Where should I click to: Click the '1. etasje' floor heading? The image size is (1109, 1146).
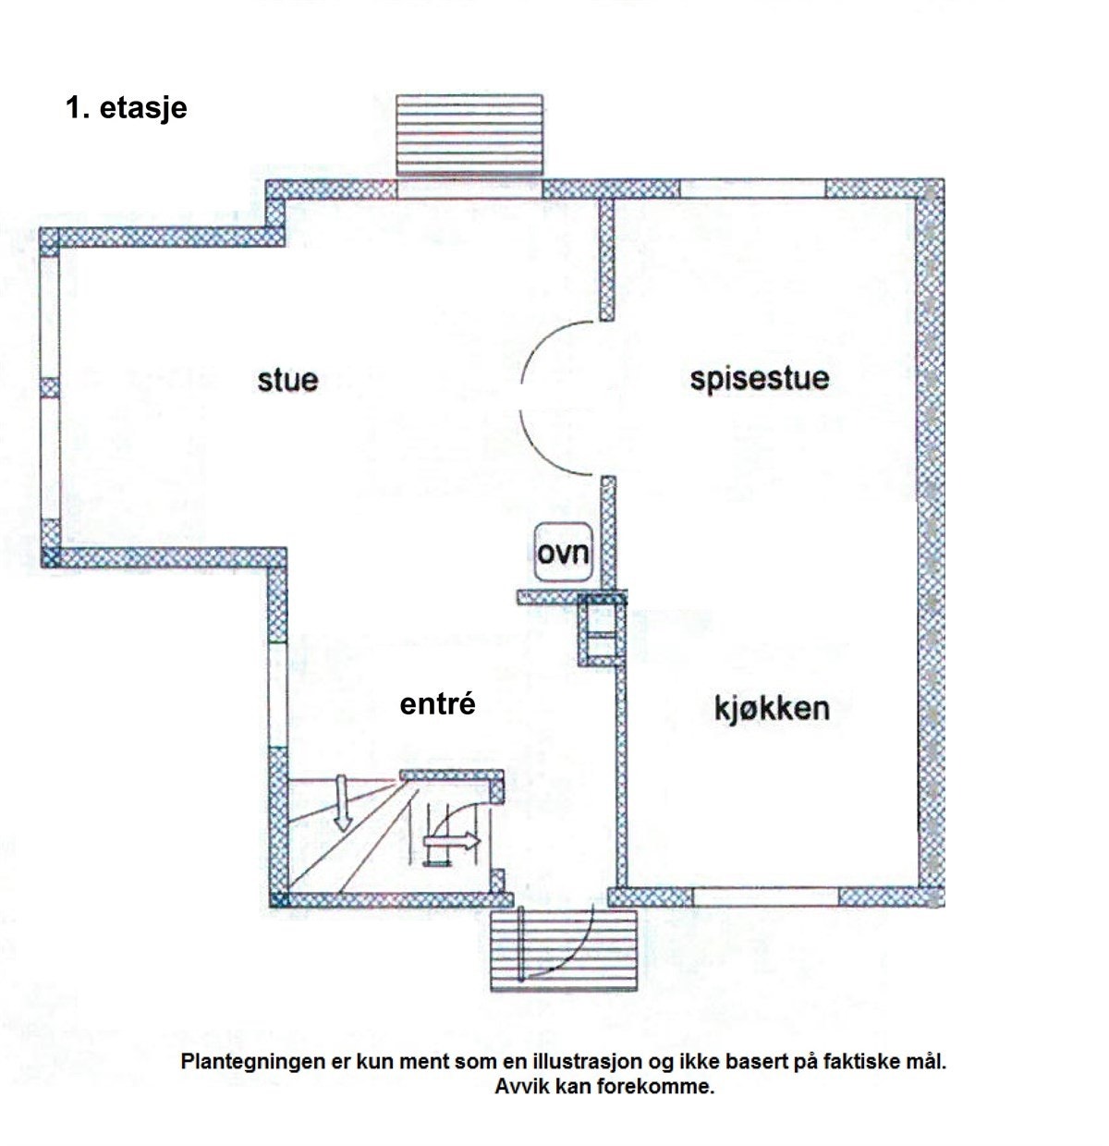[x=127, y=108]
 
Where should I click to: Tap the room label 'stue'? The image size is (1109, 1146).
[x=287, y=380]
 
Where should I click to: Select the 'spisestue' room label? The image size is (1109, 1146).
[x=759, y=378]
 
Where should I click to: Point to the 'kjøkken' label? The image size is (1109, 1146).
[x=772, y=709]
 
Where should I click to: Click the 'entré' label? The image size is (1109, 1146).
[x=437, y=704]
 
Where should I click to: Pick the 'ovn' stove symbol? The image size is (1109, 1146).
[x=563, y=553]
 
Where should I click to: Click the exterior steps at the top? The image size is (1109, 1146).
[x=469, y=133]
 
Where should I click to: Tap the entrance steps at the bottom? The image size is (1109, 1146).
[x=564, y=951]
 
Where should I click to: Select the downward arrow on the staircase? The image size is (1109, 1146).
[x=342, y=802]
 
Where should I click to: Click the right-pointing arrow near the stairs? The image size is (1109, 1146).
[x=453, y=841]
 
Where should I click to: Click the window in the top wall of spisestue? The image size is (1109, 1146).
[x=752, y=189]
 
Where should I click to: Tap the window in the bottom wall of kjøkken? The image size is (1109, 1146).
[x=766, y=896]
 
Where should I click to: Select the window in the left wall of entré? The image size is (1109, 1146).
[x=276, y=693]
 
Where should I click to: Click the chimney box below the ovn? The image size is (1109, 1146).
[x=602, y=633]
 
